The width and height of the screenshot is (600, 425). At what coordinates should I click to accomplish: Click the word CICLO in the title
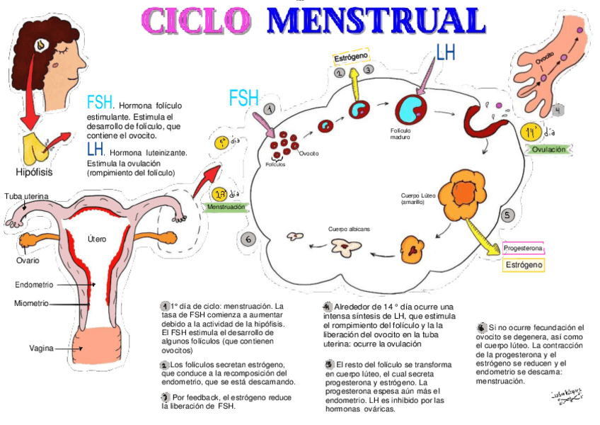pyautogui.click(x=200, y=21)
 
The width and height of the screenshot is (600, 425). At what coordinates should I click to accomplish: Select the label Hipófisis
pyautogui.click(x=34, y=172)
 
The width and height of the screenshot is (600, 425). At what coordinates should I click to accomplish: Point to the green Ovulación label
pyautogui.click(x=548, y=149)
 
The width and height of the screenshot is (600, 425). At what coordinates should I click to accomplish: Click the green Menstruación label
pyautogui.click(x=226, y=208)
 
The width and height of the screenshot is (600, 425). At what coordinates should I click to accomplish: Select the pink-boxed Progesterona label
pyautogui.click(x=524, y=249)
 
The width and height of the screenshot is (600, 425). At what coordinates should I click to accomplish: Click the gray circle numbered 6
pyautogui.click(x=248, y=239)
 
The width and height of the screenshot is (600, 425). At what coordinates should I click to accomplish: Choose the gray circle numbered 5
pyautogui.click(x=507, y=215)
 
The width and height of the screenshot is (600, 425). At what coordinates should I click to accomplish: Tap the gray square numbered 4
pyautogui.click(x=558, y=110)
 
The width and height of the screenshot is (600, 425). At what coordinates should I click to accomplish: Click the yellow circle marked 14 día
pyautogui.click(x=531, y=132)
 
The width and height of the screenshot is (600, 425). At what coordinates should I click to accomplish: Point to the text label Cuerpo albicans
pyautogui.click(x=349, y=229)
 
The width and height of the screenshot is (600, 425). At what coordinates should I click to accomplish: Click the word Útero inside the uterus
pyautogui.click(x=97, y=239)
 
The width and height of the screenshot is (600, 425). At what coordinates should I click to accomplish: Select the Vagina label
pyautogui.click(x=42, y=348)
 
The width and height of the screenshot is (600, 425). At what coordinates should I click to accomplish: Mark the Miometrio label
pyautogui.click(x=31, y=303)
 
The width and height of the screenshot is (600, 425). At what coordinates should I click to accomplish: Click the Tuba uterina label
pyautogui.click(x=26, y=195)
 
